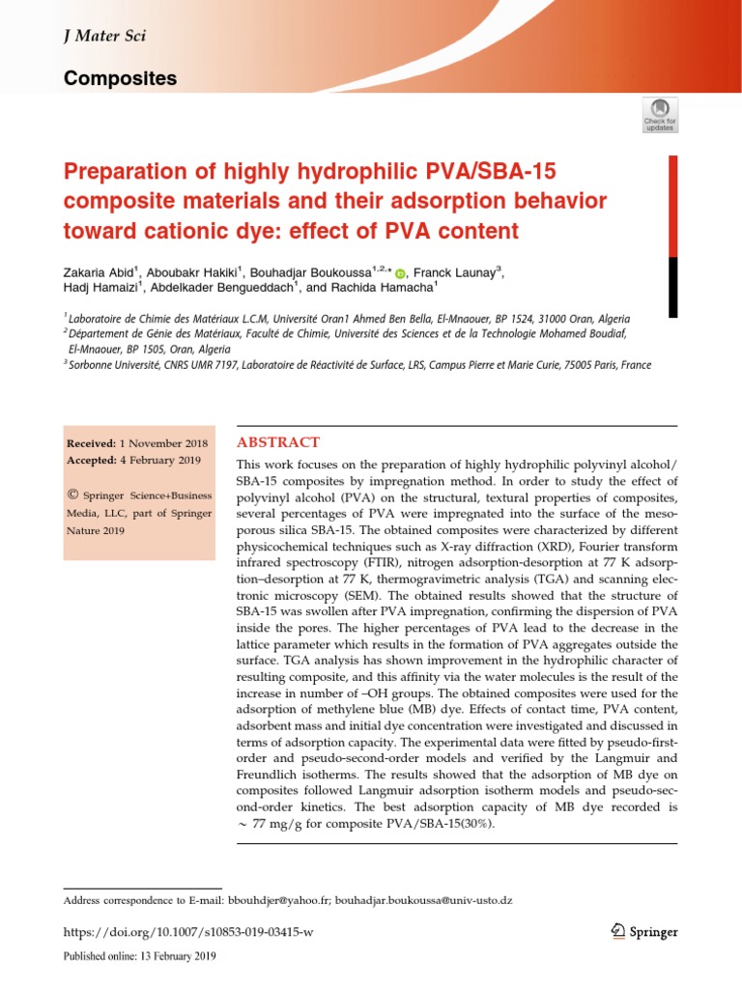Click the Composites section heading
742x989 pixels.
click(x=120, y=78)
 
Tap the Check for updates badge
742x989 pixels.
click(x=660, y=114)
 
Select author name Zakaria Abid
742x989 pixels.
click(x=101, y=271)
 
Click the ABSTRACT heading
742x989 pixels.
click(x=278, y=442)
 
